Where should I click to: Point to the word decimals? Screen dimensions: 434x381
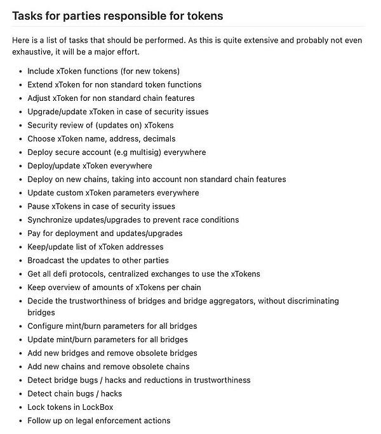pyautogui.click(x=158, y=138)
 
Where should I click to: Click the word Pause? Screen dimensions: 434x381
pyautogui.click(x=39, y=206)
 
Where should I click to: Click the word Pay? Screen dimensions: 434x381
pyautogui.click(x=35, y=233)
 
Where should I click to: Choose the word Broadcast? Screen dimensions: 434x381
pyautogui.click(x=48, y=260)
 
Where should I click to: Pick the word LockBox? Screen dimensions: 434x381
pyautogui.click(x=97, y=407)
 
